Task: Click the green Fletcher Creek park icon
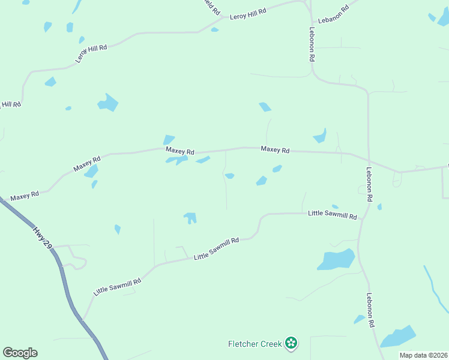click(x=291, y=343)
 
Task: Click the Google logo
click(x=20, y=353)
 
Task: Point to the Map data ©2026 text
click(x=423, y=355)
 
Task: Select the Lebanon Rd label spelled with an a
click(x=333, y=15)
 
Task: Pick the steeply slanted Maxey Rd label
click(x=87, y=163)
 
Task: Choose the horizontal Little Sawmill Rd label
click(x=333, y=214)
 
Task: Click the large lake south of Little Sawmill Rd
click(x=336, y=259)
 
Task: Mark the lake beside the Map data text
click(x=398, y=337)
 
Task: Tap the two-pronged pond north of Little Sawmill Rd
click(x=190, y=217)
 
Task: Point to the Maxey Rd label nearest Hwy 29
click(x=25, y=196)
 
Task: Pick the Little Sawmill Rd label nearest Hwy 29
click(x=117, y=287)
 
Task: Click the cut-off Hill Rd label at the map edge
click(x=11, y=104)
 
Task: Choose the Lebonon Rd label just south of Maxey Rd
click(x=369, y=184)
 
